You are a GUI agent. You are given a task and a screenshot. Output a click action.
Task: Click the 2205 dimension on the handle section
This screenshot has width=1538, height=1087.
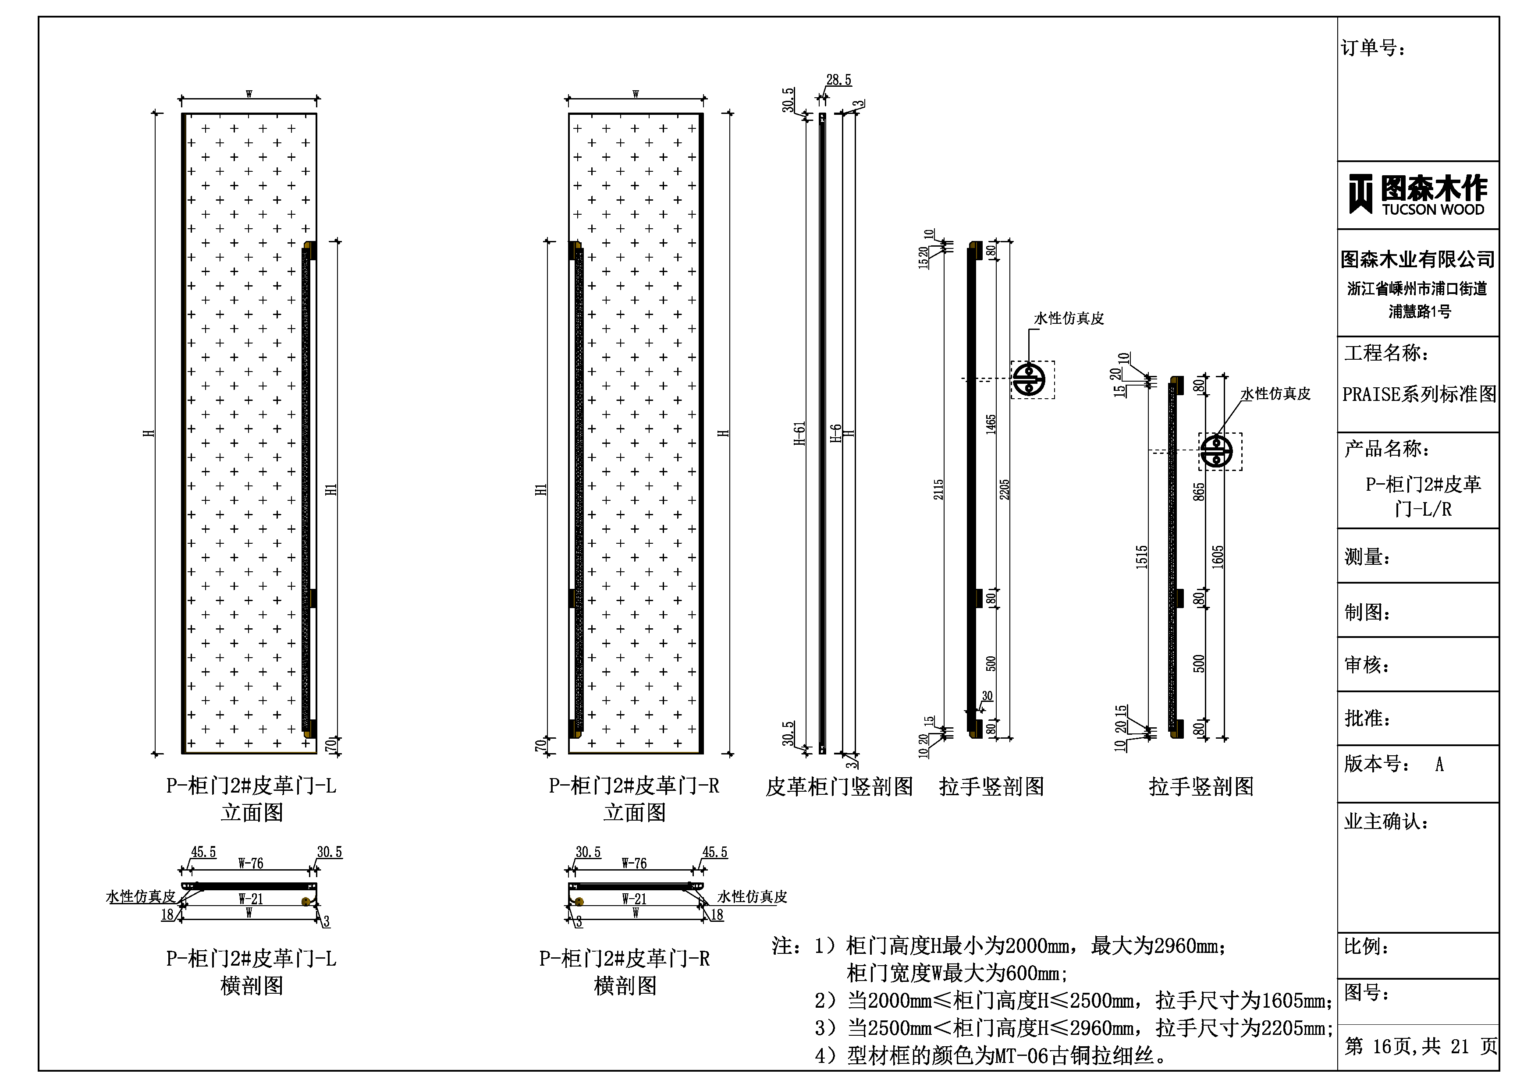click(x=1004, y=489)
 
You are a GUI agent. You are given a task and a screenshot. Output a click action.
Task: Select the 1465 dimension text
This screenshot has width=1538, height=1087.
click(x=991, y=425)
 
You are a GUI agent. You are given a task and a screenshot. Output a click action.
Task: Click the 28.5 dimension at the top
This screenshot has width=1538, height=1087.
click(x=838, y=80)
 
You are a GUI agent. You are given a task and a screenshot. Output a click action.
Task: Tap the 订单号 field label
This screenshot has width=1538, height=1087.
click(x=1373, y=48)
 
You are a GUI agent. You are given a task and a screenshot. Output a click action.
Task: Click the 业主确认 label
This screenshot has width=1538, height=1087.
click(x=1386, y=822)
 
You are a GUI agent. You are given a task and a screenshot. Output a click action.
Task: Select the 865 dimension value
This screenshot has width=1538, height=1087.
click(x=1199, y=492)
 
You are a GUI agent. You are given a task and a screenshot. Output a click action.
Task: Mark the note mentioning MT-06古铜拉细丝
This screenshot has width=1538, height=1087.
click(x=991, y=1056)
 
